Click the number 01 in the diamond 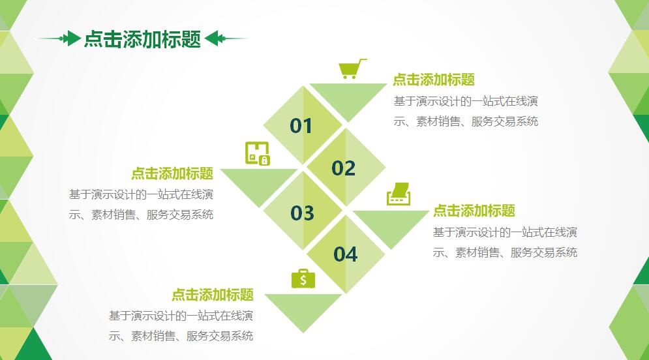[301, 126]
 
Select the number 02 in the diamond [344, 168]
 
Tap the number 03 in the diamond [302, 213]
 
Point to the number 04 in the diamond [346, 254]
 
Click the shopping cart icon [352, 68]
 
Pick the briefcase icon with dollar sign [303, 278]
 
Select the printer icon [399, 194]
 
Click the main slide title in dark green [142, 39]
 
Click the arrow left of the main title [58, 38]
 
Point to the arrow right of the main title [226, 38]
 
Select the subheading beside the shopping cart [434, 80]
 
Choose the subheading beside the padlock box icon [172, 173]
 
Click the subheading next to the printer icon [474, 211]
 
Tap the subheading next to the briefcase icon [213, 295]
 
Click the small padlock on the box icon [264, 160]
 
